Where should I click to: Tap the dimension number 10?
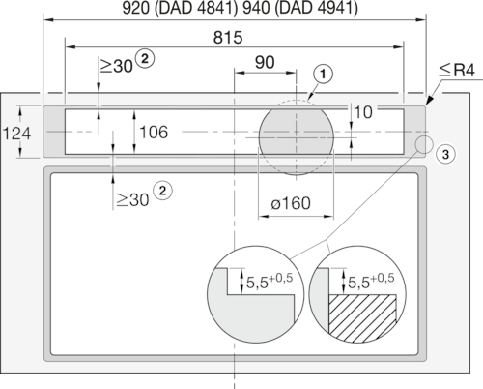[364, 112]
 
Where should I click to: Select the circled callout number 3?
[442, 154]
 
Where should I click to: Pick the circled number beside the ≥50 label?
[147, 58]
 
